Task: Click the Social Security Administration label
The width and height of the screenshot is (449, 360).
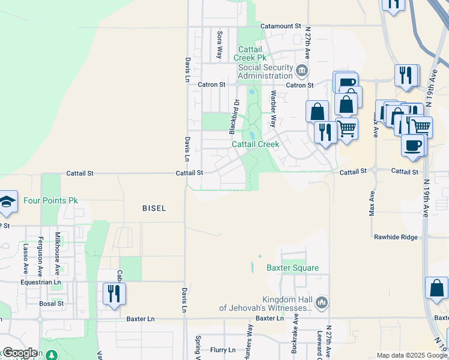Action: (265, 71)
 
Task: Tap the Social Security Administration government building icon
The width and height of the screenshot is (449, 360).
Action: (302, 72)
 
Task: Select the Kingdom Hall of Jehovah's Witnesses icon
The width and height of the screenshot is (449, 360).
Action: (322, 302)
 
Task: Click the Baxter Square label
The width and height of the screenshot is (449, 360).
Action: (293, 268)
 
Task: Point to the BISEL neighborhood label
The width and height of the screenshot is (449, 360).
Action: (154, 208)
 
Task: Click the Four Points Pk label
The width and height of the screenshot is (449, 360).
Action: (51, 200)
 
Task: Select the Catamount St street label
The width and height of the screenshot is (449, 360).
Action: (280, 26)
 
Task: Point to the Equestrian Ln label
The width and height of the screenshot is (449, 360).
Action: (41, 282)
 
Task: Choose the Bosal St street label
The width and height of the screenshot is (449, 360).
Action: (52, 304)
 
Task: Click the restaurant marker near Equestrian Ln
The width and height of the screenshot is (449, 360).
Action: (112, 293)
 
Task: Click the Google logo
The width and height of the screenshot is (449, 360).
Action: (20, 353)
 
